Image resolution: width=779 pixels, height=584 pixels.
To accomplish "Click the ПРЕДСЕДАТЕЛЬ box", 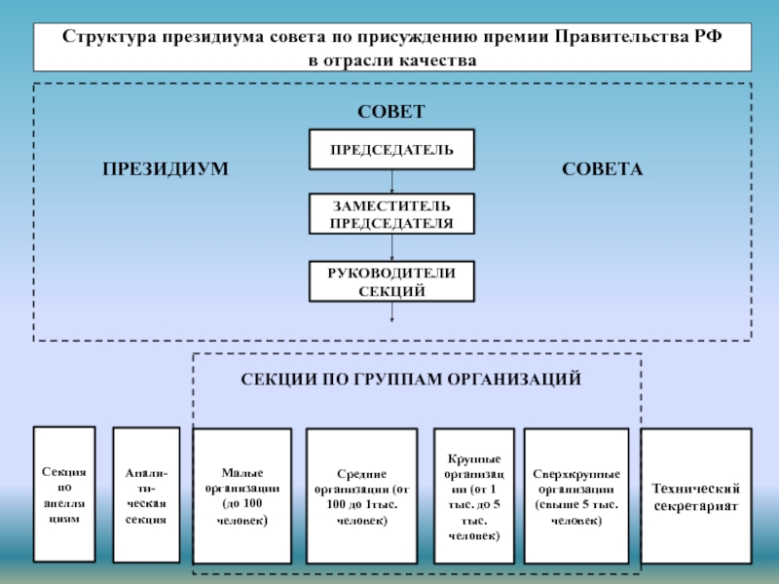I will point(391,149).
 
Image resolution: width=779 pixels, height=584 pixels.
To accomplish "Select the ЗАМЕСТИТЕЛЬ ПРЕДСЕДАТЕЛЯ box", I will point(391,214).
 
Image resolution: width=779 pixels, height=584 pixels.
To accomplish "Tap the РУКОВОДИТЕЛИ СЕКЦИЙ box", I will point(391,281).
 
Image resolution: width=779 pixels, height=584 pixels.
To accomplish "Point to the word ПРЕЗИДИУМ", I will point(166,169).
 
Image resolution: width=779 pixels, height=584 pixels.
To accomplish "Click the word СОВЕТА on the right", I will point(603,169).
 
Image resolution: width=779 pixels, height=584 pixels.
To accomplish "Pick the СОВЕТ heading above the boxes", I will point(391,112).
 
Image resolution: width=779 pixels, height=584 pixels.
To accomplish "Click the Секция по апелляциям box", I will point(64,495).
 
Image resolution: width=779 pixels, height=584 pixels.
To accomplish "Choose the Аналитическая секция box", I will point(146,495).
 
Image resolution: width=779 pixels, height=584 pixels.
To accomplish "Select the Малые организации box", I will point(242,496).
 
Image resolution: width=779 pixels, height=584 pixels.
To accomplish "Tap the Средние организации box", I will point(361,496).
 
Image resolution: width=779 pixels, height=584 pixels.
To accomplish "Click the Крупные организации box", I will point(474,496).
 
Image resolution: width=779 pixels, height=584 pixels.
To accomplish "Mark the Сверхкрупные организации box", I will point(575,496).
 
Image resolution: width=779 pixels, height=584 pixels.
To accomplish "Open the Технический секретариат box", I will point(695,496).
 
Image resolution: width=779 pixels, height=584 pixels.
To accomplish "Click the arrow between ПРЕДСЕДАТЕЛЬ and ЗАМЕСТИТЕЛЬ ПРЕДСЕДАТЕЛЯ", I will point(391,182).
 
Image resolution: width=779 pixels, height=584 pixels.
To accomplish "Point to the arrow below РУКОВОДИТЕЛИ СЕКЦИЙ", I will point(391,311).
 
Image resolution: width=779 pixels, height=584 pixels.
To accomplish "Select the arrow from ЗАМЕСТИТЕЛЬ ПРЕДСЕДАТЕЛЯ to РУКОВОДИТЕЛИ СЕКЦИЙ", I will point(391,248).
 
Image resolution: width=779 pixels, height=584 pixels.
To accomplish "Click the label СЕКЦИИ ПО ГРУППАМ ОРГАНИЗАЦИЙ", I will point(411,378).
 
